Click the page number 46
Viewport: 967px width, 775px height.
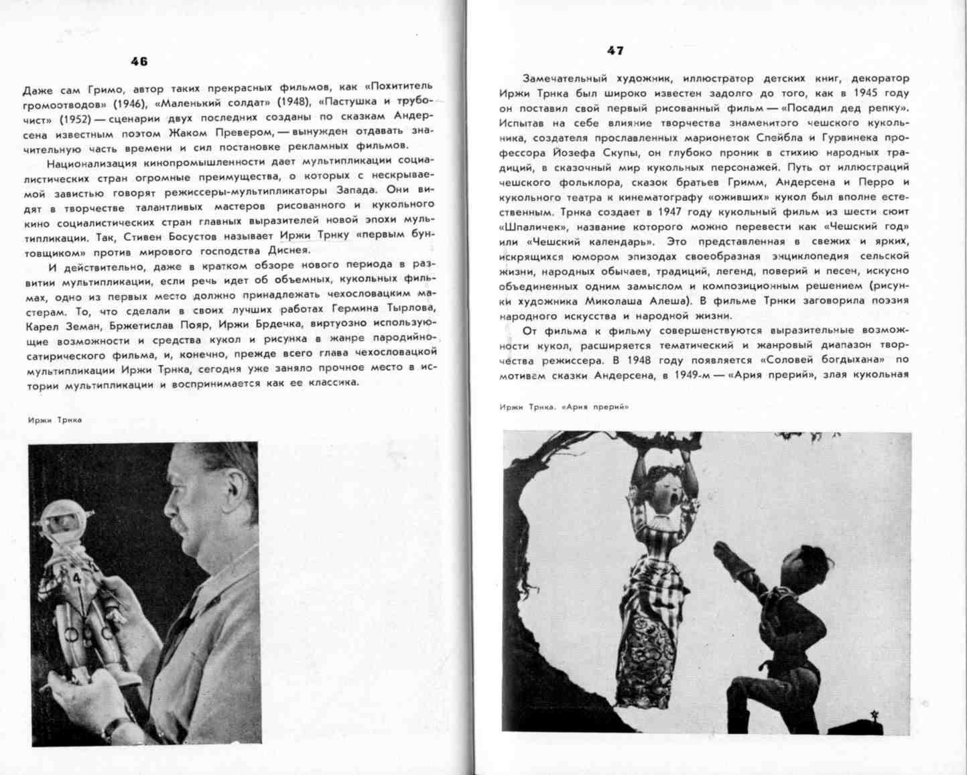[x=139, y=62]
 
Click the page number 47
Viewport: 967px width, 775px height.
[x=615, y=50]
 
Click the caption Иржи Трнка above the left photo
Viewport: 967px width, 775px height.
[x=55, y=420]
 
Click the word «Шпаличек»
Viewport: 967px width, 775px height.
[x=526, y=226]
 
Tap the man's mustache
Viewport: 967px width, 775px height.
[x=180, y=529]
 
